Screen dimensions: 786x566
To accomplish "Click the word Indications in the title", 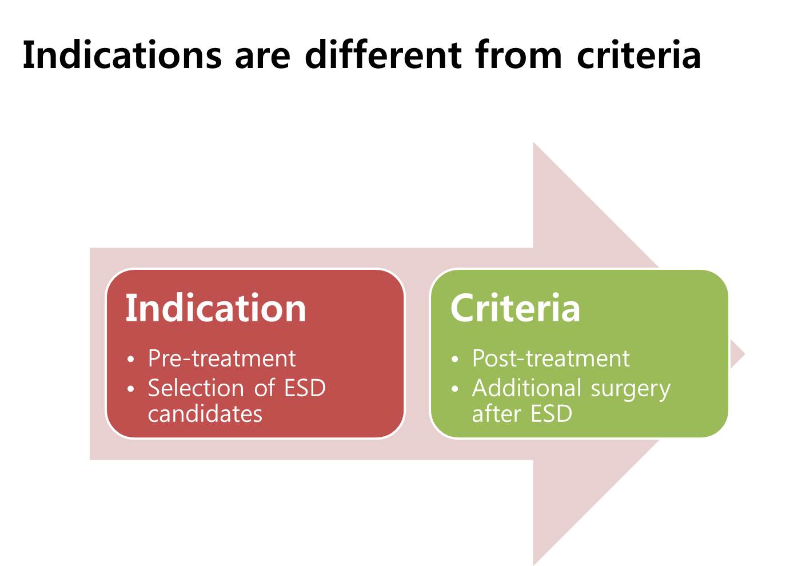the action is pyautogui.click(x=122, y=55).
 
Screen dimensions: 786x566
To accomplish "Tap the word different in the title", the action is pyautogui.click(x=383, y=54).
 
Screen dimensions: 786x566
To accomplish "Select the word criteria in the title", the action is pyautogui.click(x=639, y=55).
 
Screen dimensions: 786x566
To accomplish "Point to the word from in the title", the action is pyautogui.click(x=518, y=54).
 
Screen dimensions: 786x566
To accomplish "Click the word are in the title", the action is pyautogui.click(x=263, y=58).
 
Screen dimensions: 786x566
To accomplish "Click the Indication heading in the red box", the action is pyautogui.click(x=216, y=308).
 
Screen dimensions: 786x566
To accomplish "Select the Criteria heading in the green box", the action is pyautogui.click(x=515, y=308).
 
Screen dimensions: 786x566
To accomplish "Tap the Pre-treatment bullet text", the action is pyautogui.click(x=222, y=358).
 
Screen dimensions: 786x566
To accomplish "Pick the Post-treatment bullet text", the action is pyautogui.click(x=551, y=358).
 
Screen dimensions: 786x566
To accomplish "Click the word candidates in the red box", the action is pyautogui.click(x=205, y=414).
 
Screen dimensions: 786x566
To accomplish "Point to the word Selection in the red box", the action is pyautogui.click(x=196, y=388).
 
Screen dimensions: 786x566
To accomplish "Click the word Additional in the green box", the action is pyautogui.click(x=526, y=388).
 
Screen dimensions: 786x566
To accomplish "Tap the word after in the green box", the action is pyautogui.click(x=496, y=414).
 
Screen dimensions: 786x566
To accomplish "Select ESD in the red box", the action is pyautogui.click(x=305, y=388).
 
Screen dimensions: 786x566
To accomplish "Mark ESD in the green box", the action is pyautogui.click(x=551, y=414).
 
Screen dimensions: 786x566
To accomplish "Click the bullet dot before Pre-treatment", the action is pyautogui.click(x=131, y=359).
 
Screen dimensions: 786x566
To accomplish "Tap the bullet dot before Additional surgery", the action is pyautogui.click(x=455, y=389).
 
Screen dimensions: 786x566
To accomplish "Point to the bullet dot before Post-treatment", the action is pyautogui.click(x=455, y=359).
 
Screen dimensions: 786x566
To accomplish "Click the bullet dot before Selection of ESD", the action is pyautogui.click(x=131, y=389).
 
